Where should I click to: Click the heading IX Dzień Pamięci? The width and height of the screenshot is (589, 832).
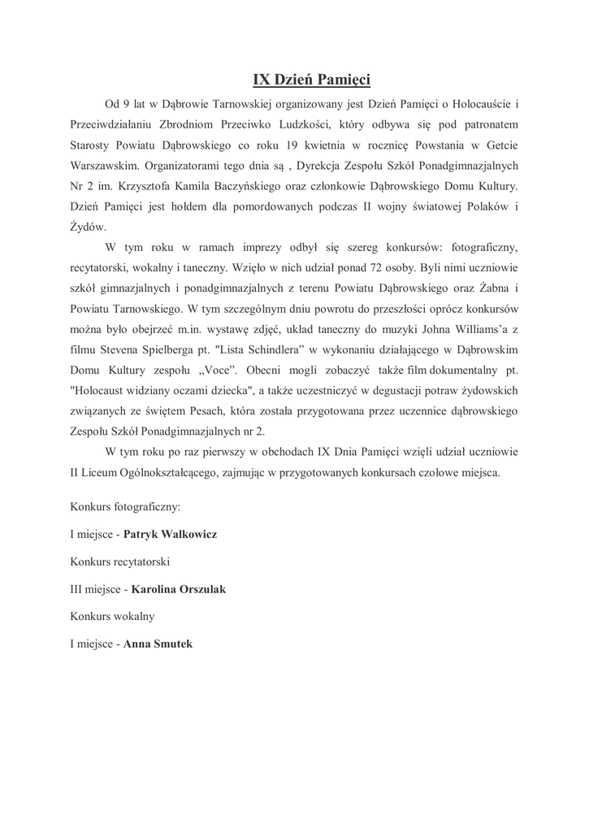tap(311, 80)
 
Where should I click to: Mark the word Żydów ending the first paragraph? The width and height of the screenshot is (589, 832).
tap(88, 227)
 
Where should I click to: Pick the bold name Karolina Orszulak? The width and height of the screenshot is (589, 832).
tap(178, 589)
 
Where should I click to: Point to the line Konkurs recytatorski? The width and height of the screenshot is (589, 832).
tap(120, 561)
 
